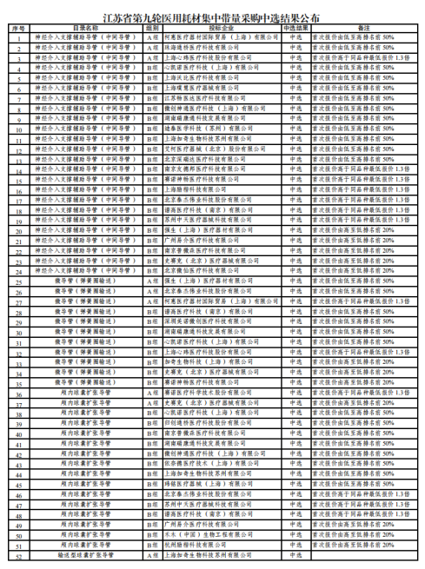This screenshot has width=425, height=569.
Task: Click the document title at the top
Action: pyautogui.click(x=212, y=15)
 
